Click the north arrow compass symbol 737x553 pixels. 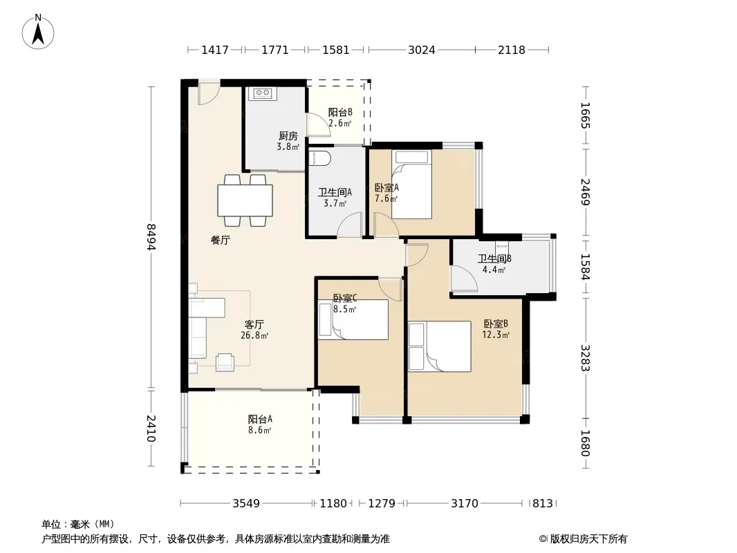[38, 32]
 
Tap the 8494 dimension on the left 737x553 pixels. [151, 237]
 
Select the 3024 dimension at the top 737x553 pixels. [422, 50]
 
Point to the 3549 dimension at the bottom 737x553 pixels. [246, 504]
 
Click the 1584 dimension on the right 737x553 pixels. [585, 267]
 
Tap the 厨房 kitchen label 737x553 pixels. [288, 136]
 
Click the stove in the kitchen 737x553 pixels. [262, 94]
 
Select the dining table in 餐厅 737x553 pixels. [245, 200]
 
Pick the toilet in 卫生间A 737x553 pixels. [320, 158]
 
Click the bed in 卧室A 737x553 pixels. [412, 185]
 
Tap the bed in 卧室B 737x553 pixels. [440, 346]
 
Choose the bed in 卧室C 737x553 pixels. [353, 320]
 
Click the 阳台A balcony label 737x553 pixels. [260, 419]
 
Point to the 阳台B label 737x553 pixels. [340, 112]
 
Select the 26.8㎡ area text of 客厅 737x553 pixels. [254, 335]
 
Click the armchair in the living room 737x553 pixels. [225, 362]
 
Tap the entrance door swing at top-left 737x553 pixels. [209, 93]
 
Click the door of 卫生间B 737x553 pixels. [464, 279]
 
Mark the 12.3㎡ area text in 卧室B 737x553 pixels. [496, 335]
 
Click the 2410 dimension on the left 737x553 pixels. [151, 429]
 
